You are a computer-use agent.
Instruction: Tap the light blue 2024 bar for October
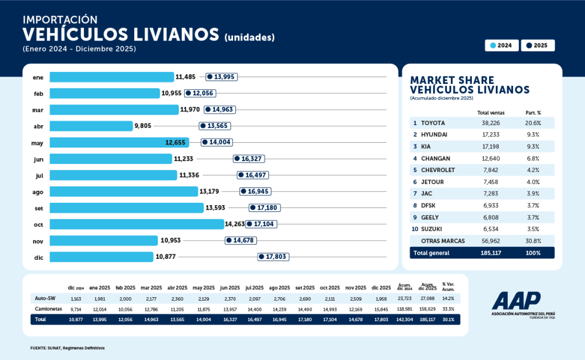pyautogui.click(x=137, y=225)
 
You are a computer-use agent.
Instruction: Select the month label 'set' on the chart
pyautogui.click(x=39, y=208)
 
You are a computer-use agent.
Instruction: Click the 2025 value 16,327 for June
pyautogui.click(x=249, y=159)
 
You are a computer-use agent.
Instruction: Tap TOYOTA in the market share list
pyautogui.click(x=432, y=123)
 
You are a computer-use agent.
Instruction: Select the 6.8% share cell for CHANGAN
pyautogui.click(x=533, y=158)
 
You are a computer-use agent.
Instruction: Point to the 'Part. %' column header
pyautogui.click(x=533, y=113)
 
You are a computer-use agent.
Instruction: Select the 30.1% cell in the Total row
pyautogui.click(x=448, y=319)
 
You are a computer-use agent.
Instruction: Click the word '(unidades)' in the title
pyautogui.click(x=250, y=38)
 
